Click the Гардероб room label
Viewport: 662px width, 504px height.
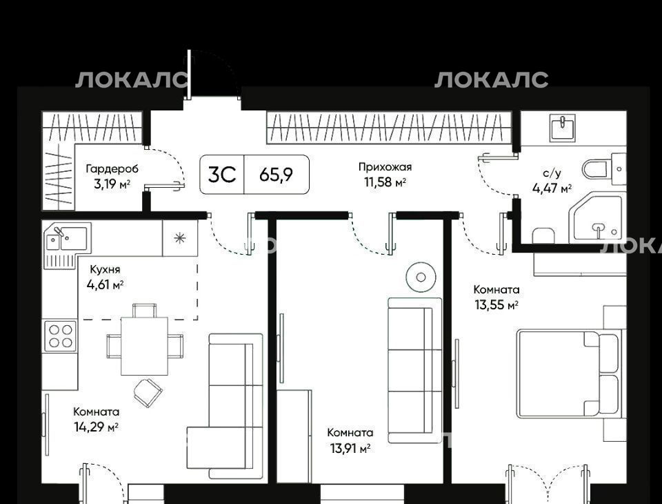pyautogui.click(x=112, y=169)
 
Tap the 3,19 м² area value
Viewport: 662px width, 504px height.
pyautogui.click(x=112, y=184)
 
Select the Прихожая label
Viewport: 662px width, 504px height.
pyautogui.click(x=385, y=167)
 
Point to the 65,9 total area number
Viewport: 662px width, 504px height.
pyautogui.click(x=276, y=174)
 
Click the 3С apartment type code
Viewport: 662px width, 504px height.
pyautogui.click(x=222, y=174)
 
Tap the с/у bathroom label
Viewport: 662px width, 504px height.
pyautogui.click(x=552, y=173)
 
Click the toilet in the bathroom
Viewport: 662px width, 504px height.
pyautogui.click(x=604, y=168)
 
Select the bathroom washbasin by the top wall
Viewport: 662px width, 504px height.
pyautogui.click(x=563, y=128)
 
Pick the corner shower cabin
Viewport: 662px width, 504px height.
pyautogui.click(x=597, y=217)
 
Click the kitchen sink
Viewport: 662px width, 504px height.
pyautogui.click(x=67, y=238)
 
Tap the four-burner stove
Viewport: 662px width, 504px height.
pyautogui.click(x=61, y=336)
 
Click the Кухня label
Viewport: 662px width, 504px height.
pyautogui.click(x=105, y=269)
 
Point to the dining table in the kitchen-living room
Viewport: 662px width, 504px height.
pyautogui.click(x=144, y=346)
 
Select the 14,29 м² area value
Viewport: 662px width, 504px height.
pyautogui.click(x=96, y=427)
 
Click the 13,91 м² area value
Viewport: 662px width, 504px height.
pyautogui.click(x=350, y=448)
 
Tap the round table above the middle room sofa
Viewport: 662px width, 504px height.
pyautogui.click(x=421, y=277)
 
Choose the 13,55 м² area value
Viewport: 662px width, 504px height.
pyautogui.click(x=496, y=305)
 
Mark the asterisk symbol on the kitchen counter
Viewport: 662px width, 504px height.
pyautogui.click(x=180, y=238)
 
